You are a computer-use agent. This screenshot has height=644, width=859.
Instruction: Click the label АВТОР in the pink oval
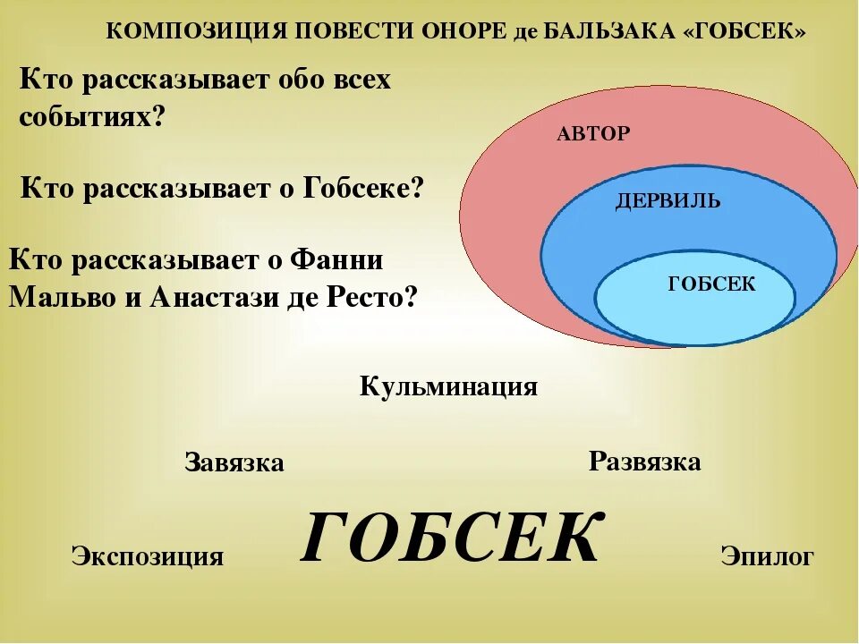[x=593, y=134]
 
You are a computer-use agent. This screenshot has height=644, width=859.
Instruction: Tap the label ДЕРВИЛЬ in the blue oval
[x=668, y=201]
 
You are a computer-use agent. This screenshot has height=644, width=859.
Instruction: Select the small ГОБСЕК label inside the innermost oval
[x=711, y=284]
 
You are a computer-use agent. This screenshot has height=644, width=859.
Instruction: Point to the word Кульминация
[x=448, y=387]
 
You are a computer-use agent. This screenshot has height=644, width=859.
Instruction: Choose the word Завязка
[x=234, y=462]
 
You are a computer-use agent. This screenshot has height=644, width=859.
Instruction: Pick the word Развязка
[x=644, y=462]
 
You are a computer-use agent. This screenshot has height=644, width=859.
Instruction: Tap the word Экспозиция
[x=147, y=556]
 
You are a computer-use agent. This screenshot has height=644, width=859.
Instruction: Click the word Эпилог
[x=767, y=556]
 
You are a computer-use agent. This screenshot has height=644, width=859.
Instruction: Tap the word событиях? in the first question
[x=93, y=117]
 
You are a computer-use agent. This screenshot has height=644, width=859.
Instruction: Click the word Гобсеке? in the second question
[x=362, y=189]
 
